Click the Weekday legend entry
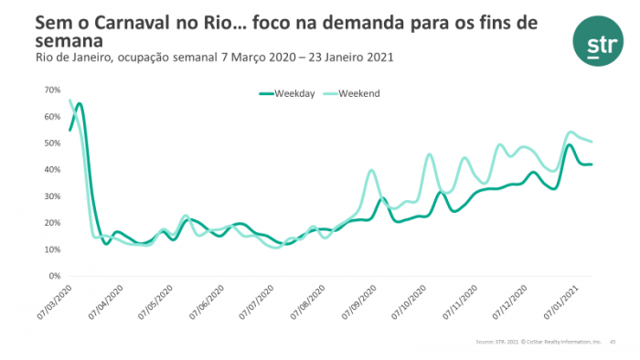coord(287,93)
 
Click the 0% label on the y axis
coord(53,276)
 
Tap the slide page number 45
coord(612,341)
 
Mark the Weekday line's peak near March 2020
coord(80,104)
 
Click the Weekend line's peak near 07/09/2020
coord(371,170)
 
